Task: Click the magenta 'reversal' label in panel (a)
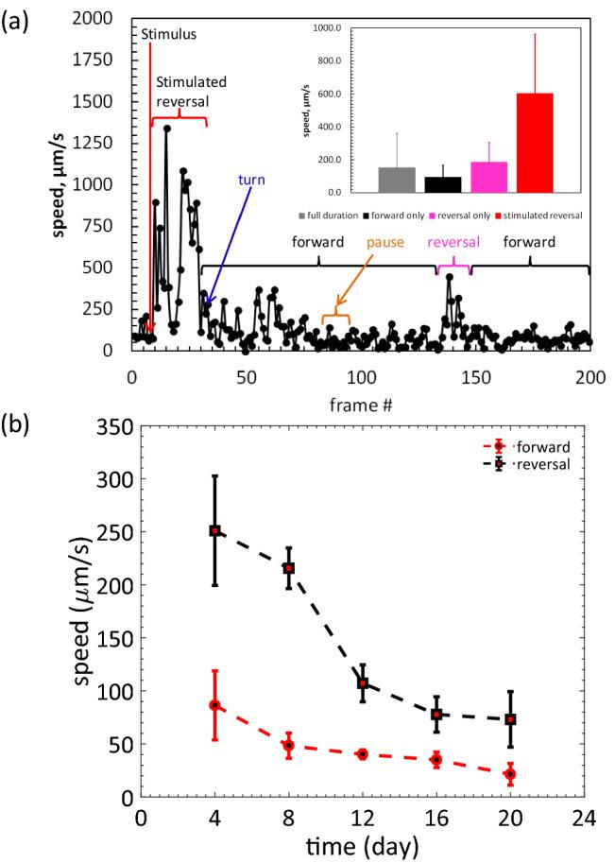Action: [x=453, y=242]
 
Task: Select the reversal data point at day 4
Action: [x=214, y=530]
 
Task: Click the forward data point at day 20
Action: [x=510, y=774]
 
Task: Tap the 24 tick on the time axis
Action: [x=584, y=816]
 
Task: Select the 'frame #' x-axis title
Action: [x=362, y=405]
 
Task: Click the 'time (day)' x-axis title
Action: [x=362, y=846]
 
